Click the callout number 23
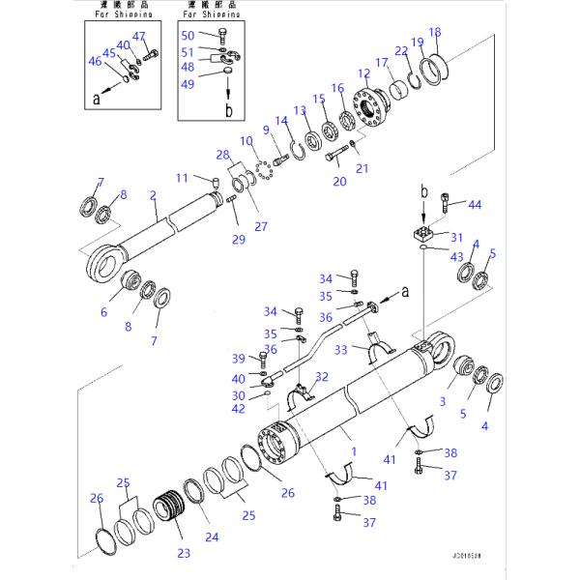coord(184,553)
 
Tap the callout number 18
coord(434,32)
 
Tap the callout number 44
coord(474,205)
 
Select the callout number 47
coord(139,38)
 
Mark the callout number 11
coord(182,178)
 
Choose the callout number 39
coord(239,359)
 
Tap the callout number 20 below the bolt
coord(339,181)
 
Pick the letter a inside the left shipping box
coord(96,98)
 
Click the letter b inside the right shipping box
coord(229,112)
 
